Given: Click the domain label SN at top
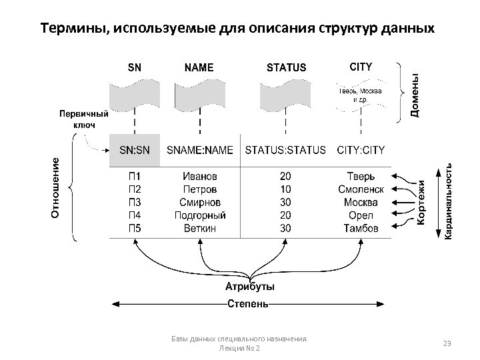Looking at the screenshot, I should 135,67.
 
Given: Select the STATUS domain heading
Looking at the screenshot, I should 286,67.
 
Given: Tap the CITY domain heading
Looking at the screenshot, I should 361,67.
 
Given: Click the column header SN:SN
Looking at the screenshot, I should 135,151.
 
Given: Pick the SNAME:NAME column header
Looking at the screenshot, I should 199,151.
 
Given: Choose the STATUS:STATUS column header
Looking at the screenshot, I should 285,151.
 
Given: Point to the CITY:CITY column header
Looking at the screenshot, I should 361,151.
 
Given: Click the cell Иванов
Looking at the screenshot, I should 200,177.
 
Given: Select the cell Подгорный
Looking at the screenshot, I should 200,215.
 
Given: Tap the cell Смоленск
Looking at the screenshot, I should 361,189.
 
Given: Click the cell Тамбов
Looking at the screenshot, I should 361,228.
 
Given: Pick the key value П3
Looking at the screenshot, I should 135,202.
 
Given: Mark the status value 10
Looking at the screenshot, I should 285,189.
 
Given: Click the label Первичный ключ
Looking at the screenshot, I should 84,119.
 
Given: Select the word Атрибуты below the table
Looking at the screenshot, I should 249,287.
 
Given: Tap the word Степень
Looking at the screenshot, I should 249,305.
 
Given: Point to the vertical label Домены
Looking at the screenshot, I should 415,95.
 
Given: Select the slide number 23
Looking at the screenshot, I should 447,343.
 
